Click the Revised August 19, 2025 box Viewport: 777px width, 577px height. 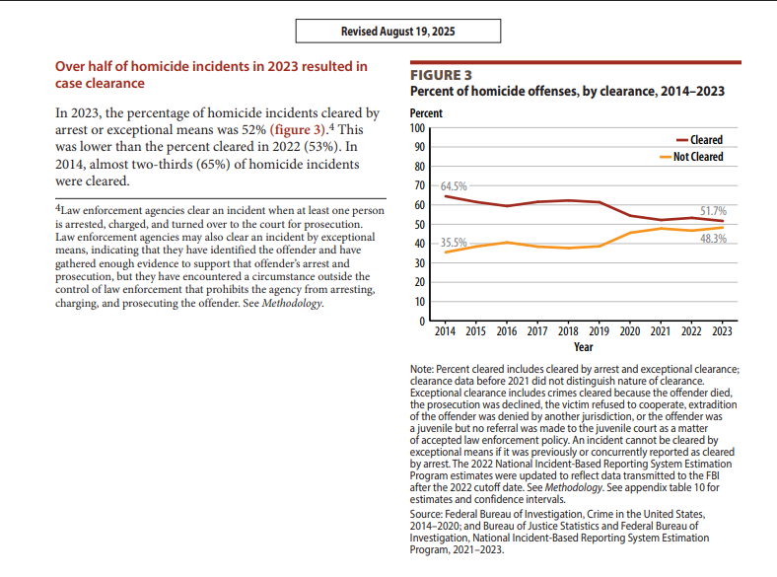(x=398, y=32)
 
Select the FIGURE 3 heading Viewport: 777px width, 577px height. (x=441, y=75)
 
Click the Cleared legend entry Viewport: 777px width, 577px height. (x=700, y=140)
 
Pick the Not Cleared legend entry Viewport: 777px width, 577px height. (x=691, y=157)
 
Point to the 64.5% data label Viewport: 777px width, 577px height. (x=454, y=186)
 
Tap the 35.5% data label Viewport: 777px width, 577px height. (x=454, y=243)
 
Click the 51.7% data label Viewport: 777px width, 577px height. (x=713, y=211)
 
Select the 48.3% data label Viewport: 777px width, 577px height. (x=713, y=239)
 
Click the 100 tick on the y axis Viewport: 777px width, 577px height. (x=417, y=128)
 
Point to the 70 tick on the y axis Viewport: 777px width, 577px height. (x=420, y=185)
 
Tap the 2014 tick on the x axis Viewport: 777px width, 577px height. (x=445, y=331)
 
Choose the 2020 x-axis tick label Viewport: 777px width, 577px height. (x=630, y=331)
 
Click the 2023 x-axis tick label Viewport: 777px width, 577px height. (x=722, y=331)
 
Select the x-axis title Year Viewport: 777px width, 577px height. (x=584, y=347)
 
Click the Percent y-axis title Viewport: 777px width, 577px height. (x=426, y=113)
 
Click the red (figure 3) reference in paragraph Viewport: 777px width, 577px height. (x=298, y=130)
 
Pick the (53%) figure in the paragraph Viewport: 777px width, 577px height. (x=322, y=147)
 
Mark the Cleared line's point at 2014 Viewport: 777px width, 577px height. (x=445, y=196)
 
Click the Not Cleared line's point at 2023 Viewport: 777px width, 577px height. (x=722, y=228)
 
